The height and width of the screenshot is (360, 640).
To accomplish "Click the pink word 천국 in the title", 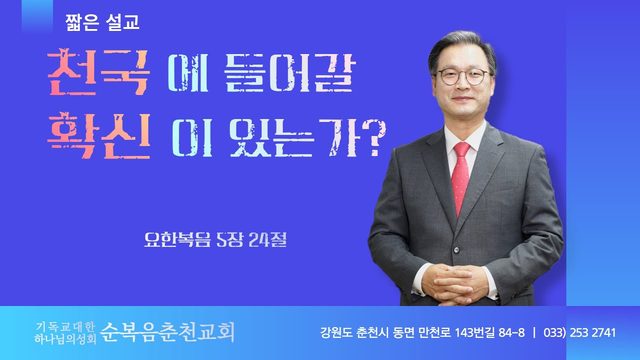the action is pos(98,73).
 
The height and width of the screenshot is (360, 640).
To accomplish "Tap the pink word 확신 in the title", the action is pos(99,136).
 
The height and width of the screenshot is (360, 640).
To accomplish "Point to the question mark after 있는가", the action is pos(373,138).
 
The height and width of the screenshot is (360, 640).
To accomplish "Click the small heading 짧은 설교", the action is pos(102,22).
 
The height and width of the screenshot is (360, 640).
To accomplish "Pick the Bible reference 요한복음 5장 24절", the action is pos(216,240).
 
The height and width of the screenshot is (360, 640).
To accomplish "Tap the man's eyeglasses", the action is pos(463,76).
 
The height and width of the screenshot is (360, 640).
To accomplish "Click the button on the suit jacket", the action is pos(456,249).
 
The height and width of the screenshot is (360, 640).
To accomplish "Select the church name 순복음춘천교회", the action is pos(167,331).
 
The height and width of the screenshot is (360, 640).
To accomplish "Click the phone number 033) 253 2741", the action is pos(579,333).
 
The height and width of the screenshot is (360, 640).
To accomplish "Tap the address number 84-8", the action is pos(512,332).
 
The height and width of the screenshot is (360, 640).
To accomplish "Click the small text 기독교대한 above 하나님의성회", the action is pos(65,326).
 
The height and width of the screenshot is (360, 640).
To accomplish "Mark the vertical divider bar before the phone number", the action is pos(534,333).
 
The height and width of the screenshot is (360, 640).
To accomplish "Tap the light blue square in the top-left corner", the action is pos(37,16).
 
